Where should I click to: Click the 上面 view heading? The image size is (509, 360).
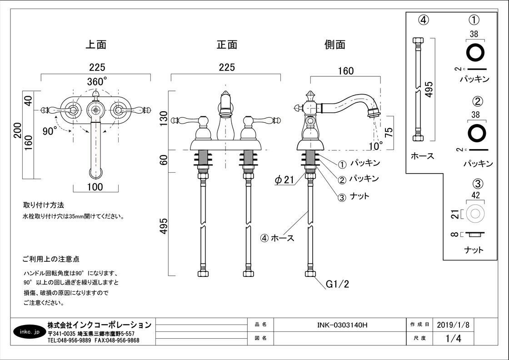tap(96, 45)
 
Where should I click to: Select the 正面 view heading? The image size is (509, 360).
tap(227, 45)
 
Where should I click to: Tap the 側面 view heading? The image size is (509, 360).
tap(335, 45)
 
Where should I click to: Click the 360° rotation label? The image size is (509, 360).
tap(97, 81)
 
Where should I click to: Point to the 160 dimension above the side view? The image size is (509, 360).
tap(345, 71)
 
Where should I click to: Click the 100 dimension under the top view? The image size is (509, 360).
tap(95, 187)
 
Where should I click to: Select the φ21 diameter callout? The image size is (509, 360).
tap(285, 180)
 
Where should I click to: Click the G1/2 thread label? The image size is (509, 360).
tap(337, 285)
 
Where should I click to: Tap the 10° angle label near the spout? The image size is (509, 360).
tap(375, 145)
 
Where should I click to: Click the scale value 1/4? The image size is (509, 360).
tap(453, 339)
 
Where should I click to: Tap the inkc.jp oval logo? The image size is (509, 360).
tap(30, 331)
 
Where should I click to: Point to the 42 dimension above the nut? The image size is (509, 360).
tap(475, 195)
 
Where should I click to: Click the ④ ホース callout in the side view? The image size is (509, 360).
tap(277, 238)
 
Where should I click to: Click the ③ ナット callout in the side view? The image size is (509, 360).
tap(354, 196)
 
